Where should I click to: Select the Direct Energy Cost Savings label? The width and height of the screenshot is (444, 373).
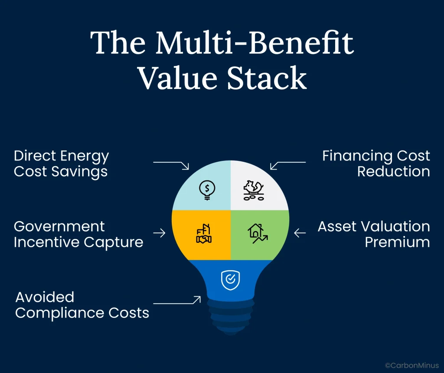pos(61,164)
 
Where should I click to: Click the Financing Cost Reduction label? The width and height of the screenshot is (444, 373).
pos(376,164)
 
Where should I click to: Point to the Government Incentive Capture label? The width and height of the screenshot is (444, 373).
pos(78,234)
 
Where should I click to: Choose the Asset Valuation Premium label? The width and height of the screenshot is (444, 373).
pos(374,234)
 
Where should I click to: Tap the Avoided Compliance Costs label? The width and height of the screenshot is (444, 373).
pos(82,305)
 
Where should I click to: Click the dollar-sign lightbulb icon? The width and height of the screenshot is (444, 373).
pos(207,189)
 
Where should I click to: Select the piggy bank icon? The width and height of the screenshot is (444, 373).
pos(255,190)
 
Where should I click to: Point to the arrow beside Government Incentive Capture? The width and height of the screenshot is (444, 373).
pos(159,233)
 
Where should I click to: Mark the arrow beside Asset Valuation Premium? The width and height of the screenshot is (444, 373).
pos(300,233)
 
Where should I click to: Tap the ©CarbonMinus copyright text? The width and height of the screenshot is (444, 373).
pos(412,365)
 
